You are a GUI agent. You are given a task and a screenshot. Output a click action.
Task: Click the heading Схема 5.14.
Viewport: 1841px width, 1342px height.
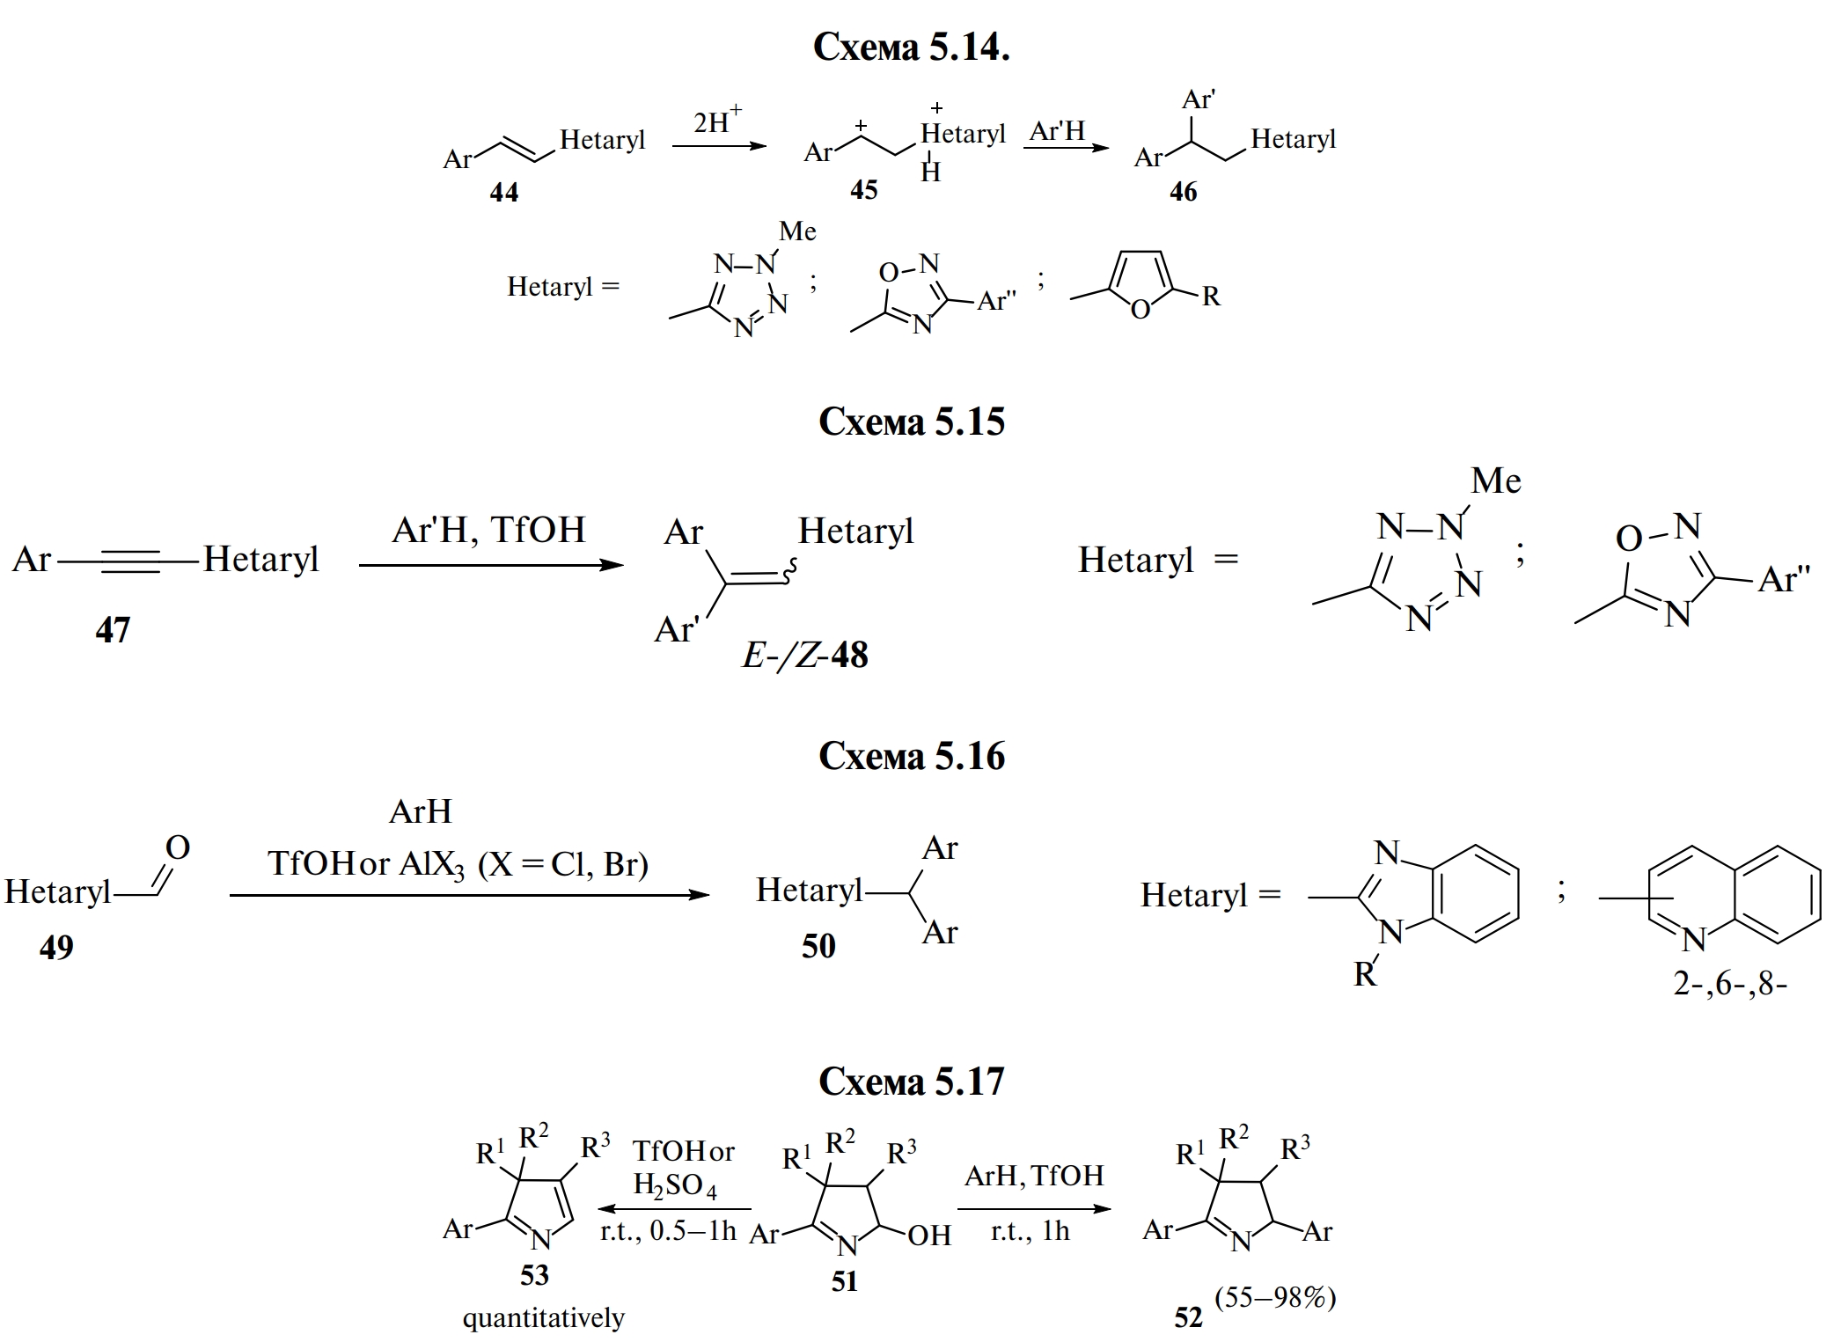911,47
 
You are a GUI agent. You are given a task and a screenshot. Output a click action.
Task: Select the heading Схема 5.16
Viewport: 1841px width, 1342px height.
911,756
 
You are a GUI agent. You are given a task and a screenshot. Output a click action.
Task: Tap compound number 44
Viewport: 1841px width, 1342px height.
503,192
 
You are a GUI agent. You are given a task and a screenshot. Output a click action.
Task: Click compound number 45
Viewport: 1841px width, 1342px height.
863,190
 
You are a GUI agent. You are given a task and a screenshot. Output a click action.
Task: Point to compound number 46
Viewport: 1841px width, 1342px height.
1183,192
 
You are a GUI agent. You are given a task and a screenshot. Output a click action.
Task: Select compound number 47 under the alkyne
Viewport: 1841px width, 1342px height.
113,630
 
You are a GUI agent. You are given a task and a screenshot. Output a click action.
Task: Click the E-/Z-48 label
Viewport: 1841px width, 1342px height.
804,655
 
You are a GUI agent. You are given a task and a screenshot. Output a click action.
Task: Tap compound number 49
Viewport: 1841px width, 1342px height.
56,947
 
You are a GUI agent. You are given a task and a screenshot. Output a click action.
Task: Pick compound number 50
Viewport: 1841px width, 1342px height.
818,946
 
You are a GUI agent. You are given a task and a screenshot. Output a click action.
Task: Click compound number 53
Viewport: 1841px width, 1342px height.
534,1275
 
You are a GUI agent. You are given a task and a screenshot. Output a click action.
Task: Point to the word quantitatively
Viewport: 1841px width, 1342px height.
543,1317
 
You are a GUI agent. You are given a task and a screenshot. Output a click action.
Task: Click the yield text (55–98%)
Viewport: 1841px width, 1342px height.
1275,1297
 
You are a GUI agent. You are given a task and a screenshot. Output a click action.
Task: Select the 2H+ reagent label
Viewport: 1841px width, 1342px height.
716,121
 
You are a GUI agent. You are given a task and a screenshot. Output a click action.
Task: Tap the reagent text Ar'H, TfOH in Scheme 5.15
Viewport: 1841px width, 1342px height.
488,530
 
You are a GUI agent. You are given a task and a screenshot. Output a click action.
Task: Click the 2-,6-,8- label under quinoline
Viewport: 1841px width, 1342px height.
1729,983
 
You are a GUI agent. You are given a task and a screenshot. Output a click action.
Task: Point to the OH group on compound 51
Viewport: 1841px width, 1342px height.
929,1236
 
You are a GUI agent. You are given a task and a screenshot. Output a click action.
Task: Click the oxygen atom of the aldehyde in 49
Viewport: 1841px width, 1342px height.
177,847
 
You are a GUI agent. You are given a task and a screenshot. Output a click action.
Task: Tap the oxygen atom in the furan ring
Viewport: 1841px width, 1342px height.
1140,310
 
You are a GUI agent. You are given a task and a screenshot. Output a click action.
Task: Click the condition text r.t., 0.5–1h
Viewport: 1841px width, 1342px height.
668,1231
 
